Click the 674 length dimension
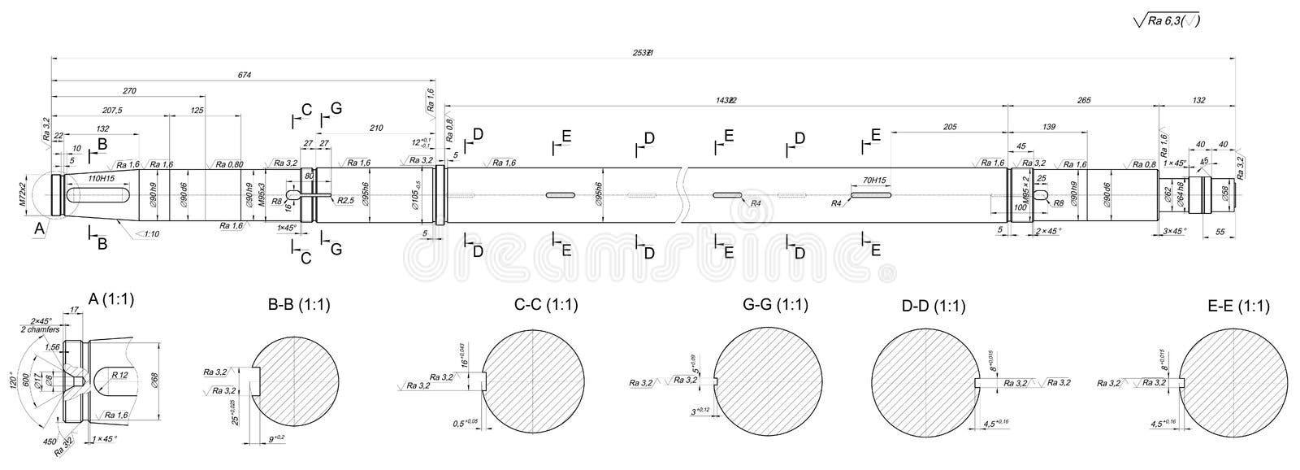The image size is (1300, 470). click(245, 76)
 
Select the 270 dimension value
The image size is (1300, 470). click(128, 90)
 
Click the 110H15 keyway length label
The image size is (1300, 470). click(101, 178)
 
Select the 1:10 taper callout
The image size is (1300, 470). click(147, 234)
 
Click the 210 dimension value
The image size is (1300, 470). click(375, 128)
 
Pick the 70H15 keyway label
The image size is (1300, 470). click(873, 180)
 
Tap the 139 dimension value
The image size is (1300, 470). click(1047, 127)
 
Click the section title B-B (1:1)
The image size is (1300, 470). click(298, 306)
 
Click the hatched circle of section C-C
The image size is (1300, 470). click(534, 381)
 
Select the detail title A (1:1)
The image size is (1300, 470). click(110, 299)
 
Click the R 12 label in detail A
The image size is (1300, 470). click(120, 375)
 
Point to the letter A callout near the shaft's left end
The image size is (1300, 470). click(38, 230)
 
